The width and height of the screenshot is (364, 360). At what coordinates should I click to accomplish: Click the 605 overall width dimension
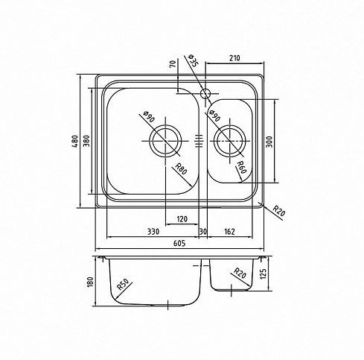tap(179, 243)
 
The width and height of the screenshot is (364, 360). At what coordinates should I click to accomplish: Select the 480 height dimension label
tap(75, 141)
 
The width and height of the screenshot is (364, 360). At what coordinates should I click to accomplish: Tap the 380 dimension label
tap(86, 141)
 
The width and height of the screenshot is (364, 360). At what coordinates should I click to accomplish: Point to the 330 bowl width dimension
tap(153, 232)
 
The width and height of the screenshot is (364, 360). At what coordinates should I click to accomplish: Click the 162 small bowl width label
tap(229, 232)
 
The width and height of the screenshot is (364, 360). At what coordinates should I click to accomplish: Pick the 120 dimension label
tap(182, 219)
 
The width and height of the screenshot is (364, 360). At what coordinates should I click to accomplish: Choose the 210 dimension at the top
tap(234, 58)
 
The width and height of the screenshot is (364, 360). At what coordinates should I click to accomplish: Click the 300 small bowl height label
tap(269, 142)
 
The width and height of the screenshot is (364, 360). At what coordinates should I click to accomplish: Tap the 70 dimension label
tap(173, 63)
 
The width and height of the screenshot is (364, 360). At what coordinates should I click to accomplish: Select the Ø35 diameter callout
tap(193, 60)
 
